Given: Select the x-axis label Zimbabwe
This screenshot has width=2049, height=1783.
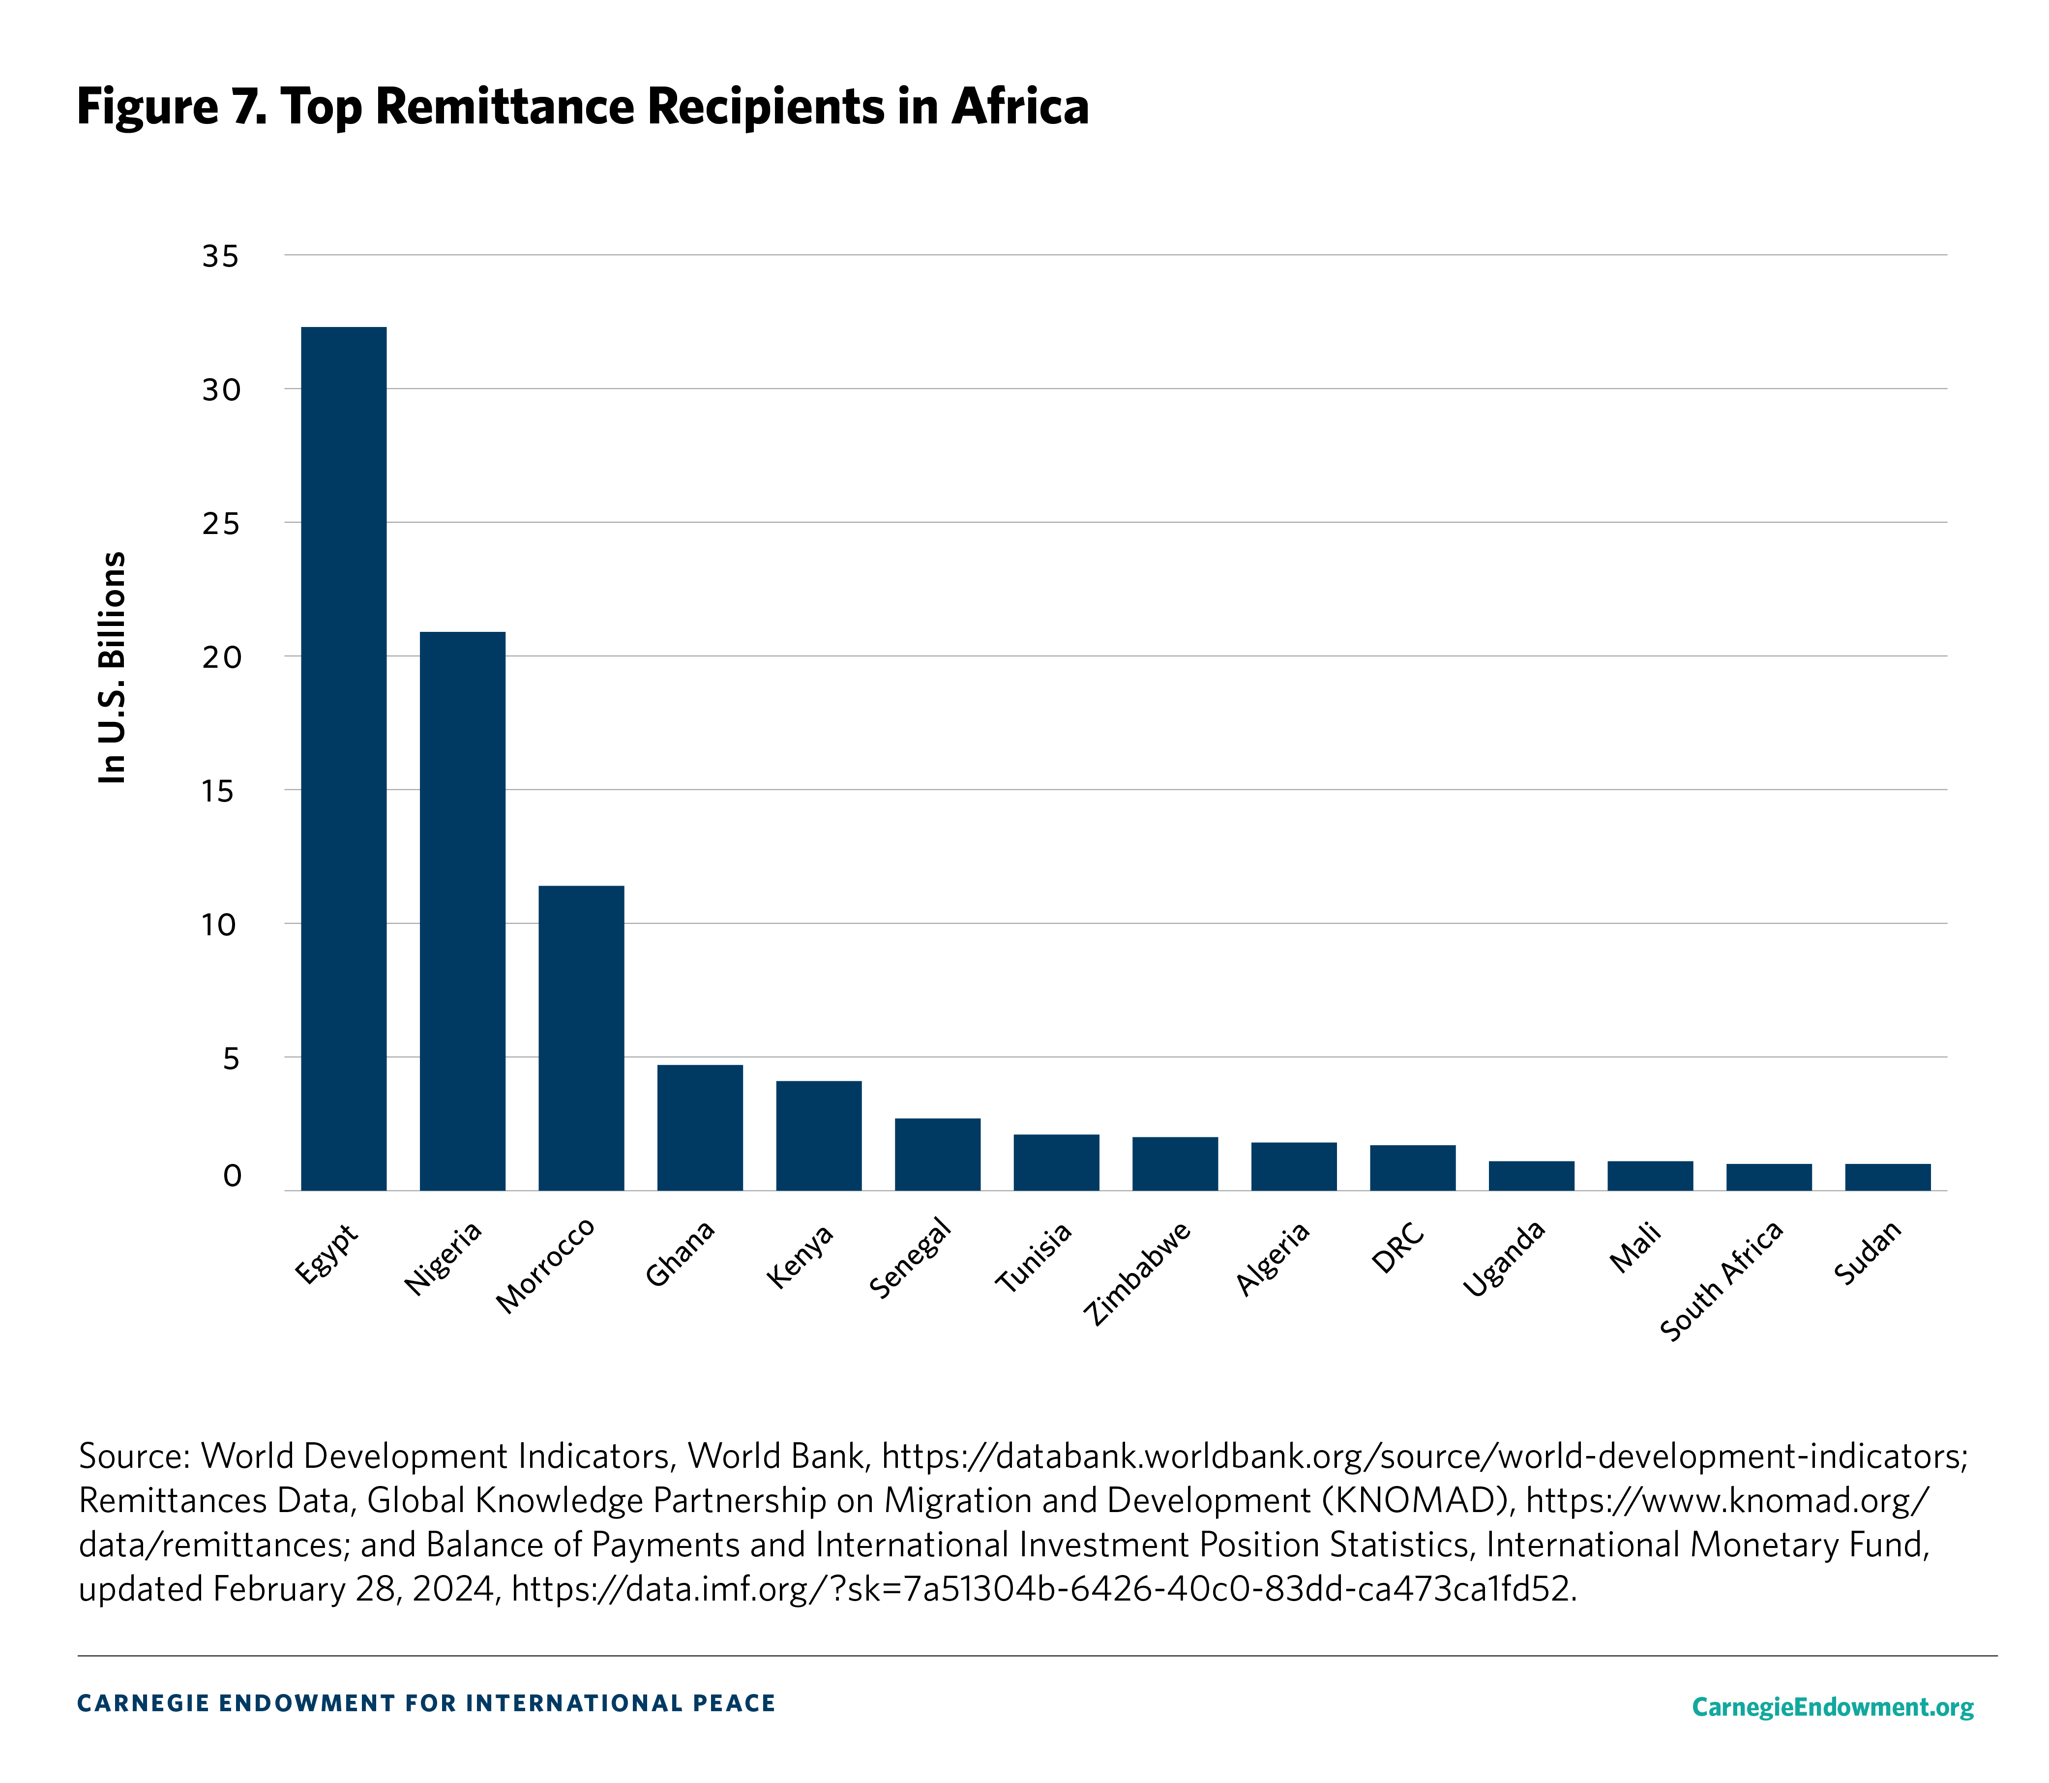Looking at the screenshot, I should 1137,1274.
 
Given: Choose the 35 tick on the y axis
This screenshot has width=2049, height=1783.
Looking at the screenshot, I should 221,257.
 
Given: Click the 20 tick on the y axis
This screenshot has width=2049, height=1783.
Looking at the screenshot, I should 221,657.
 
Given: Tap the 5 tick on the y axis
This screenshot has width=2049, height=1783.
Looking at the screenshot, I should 231,1059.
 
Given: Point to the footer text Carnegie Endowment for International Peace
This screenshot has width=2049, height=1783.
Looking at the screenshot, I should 426,1703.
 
